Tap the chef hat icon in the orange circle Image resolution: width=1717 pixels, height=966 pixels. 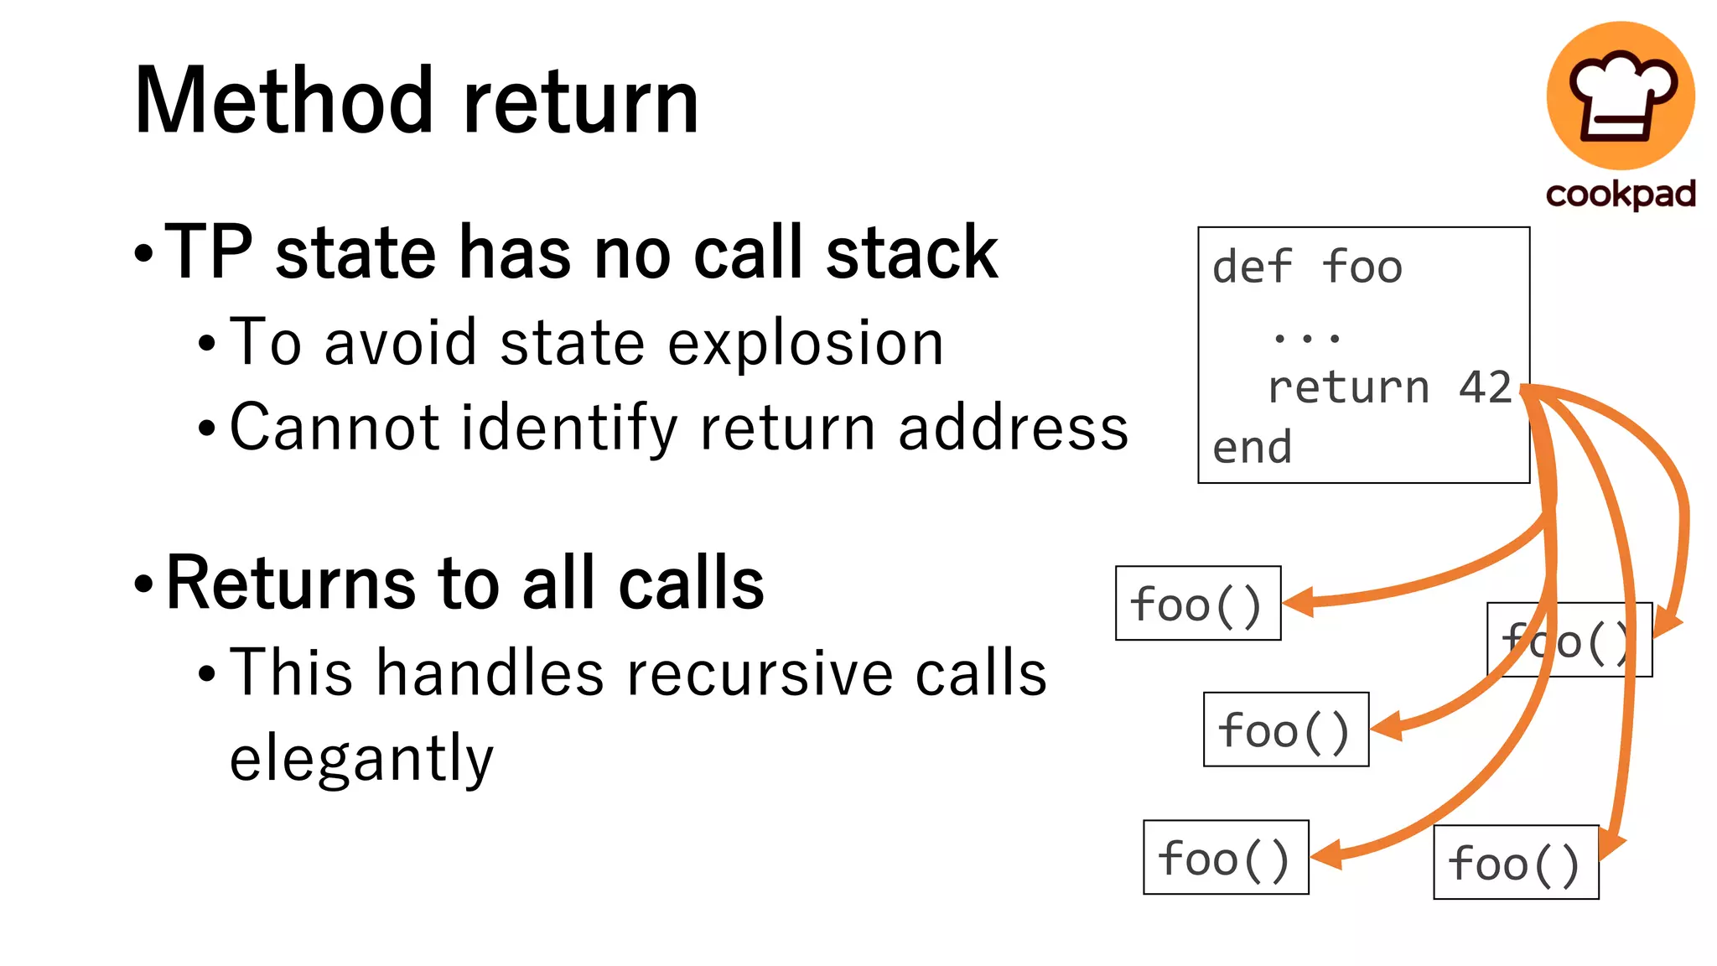(x=1621, y=94)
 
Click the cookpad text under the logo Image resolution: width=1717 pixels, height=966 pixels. (x=1621, y=195)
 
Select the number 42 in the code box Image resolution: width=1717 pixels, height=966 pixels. (x=1485, y=387)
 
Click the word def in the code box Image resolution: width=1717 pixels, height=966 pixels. (x=1253, y=267)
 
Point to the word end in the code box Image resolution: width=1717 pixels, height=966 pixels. (x=1252, y=448)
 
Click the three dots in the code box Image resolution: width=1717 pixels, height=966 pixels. (x=1306, y=338)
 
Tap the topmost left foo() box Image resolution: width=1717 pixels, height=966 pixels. (x=1197, y=604)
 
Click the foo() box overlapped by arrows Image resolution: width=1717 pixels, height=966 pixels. (x=1569, y=641)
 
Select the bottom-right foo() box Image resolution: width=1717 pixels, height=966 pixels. (x=1515, y=863)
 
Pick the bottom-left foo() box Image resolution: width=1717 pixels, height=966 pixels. (x=1225, y=858)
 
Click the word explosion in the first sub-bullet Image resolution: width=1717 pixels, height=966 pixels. (x=806, y=344)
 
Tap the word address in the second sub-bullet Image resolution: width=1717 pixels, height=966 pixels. (x=1013, y=428)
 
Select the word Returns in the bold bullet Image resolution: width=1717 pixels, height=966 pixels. (x=290, y=583)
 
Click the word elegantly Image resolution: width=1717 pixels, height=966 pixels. (x=361, y=758)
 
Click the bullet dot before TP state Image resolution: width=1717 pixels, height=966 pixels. (x=144, y=253)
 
